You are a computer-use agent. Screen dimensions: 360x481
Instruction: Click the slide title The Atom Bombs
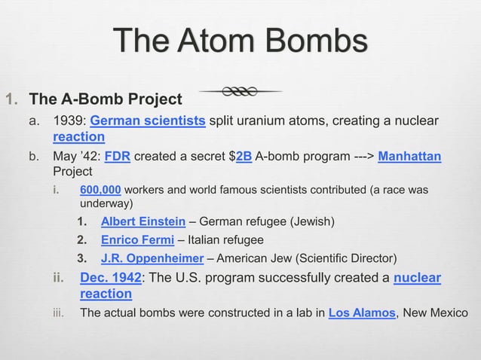point(240,41)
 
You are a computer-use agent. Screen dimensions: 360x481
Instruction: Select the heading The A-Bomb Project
point(105,99)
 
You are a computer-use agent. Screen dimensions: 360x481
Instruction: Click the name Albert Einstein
point(143,221)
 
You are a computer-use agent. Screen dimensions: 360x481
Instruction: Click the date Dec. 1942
point(113,279)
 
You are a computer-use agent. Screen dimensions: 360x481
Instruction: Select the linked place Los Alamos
point(362,313)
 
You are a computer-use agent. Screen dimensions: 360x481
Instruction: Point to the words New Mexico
point(435,313)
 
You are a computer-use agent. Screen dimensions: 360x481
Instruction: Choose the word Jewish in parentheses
point(311,221)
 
